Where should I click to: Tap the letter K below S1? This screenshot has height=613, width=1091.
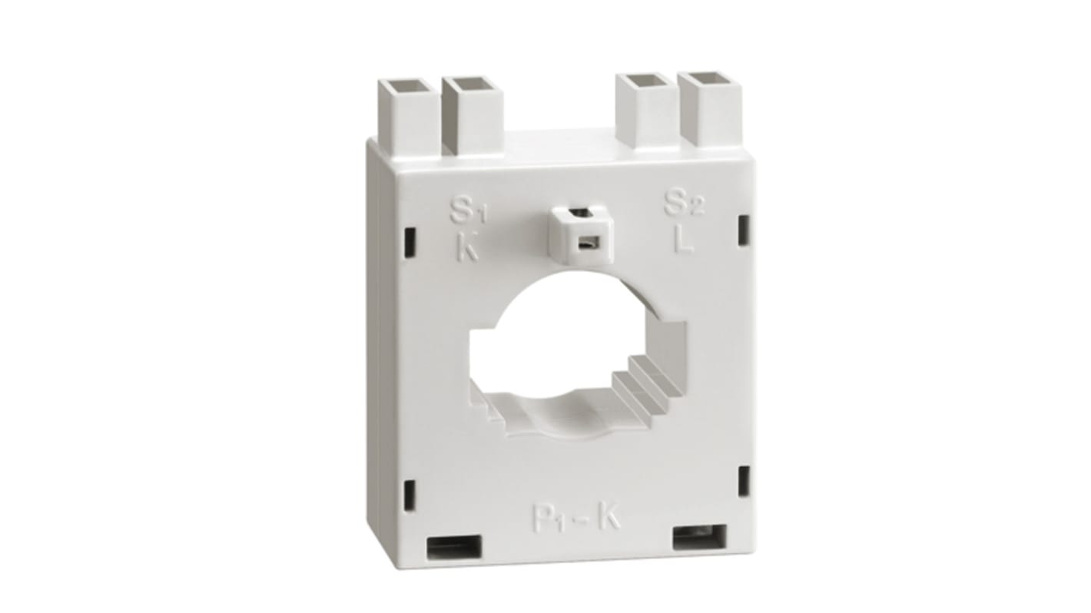pyautogui.click(x=466, y=250)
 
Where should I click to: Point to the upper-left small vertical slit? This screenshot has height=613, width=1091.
pyautogui.click(x=410, y=241)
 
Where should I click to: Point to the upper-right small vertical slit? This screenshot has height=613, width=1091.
pyautogui.click(x=743, y=230)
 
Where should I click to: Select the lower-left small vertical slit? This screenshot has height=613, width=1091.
pyautogui.click(x=410, y=493)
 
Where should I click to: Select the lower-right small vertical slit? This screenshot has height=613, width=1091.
pyautogui.click(x=743, y=479)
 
